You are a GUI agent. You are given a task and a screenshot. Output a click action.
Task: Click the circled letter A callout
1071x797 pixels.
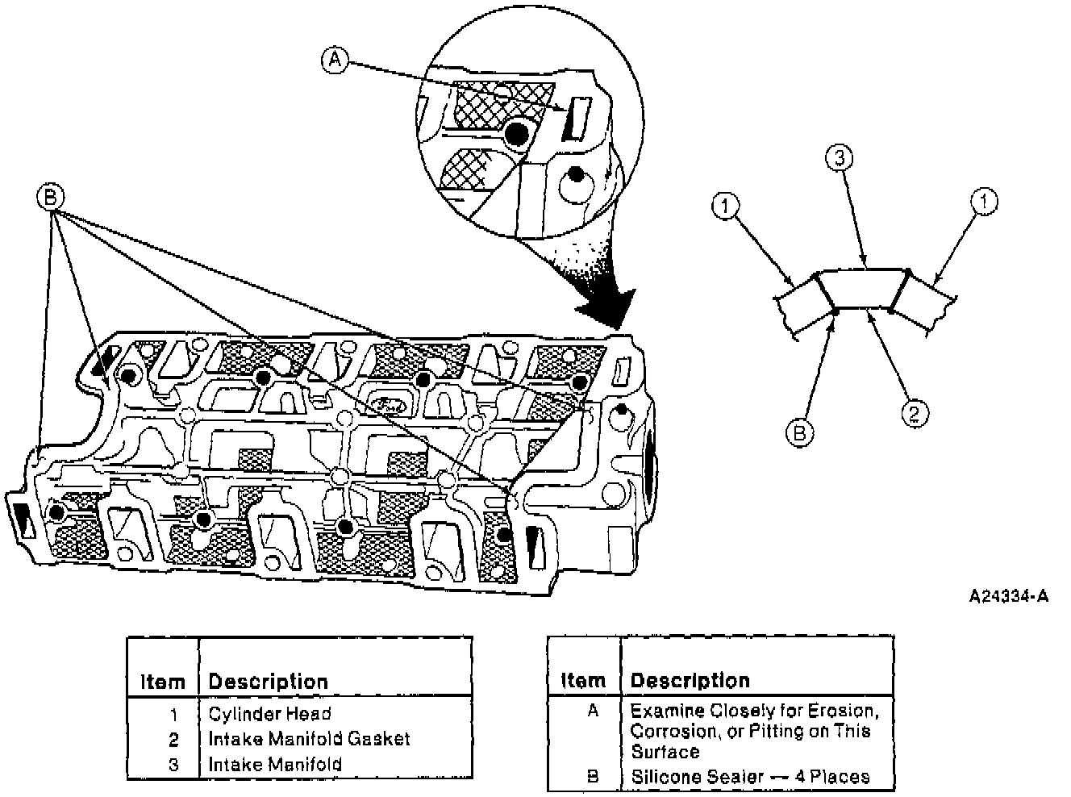pos(335,60)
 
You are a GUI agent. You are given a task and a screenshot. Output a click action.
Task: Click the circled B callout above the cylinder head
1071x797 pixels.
pos(51,196)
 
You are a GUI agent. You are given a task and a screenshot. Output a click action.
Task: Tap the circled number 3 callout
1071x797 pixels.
pos(839,159)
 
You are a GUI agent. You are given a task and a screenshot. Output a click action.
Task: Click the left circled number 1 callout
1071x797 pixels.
pos(725,207)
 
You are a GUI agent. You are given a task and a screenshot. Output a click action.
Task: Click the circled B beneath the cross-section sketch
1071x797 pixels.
pos(799,432)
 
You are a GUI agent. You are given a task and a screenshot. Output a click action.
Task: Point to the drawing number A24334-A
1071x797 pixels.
pos(1008,597)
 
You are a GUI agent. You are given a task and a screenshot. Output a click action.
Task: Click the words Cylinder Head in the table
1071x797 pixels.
pos(269,714)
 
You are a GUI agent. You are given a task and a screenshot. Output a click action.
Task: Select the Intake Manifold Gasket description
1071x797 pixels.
pos(309,739)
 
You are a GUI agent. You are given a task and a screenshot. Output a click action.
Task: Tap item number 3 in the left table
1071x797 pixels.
pos(174,764)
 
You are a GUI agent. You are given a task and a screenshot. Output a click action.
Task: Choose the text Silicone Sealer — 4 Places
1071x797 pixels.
pos(750,777)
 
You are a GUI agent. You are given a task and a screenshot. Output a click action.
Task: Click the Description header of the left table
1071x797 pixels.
pos(268,682)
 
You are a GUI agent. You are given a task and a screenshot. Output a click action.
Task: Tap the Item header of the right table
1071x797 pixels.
pos(582,681)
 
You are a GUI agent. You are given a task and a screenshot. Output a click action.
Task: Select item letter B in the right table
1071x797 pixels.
pos(592,777)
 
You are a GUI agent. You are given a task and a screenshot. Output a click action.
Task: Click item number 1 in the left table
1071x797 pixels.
pos(174,714)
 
